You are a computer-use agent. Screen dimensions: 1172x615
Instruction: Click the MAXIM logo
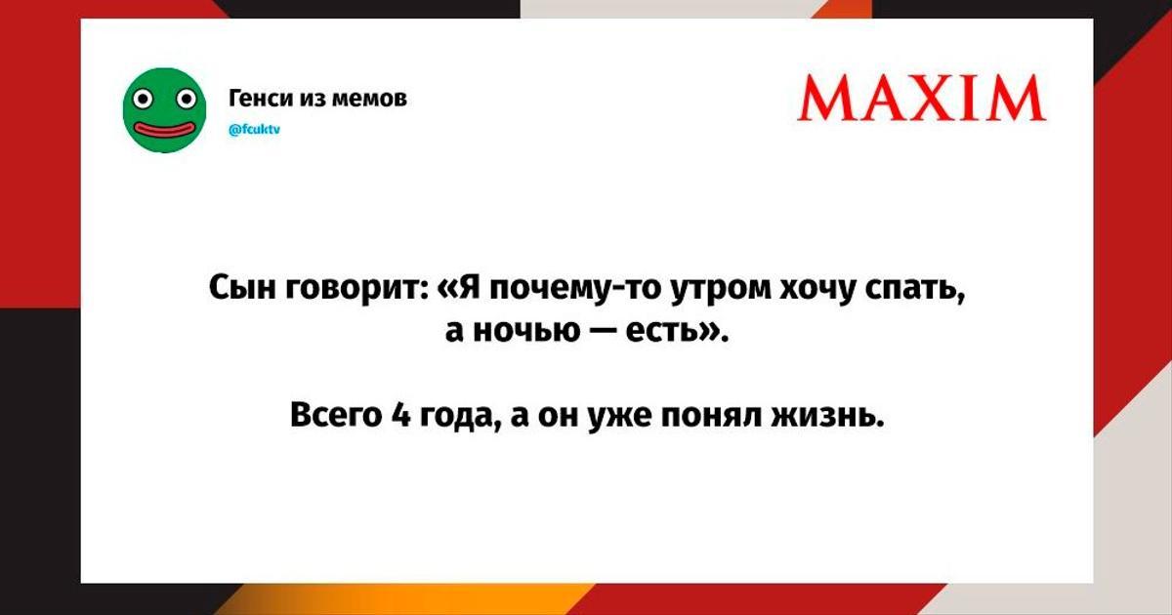pos(921,98)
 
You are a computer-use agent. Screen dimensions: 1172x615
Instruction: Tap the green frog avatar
pos(164,110)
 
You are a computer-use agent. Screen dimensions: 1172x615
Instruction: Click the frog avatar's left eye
pos(142,99)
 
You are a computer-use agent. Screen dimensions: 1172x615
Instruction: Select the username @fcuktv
pos(254,129)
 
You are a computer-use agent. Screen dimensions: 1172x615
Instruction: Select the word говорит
pos(357,289)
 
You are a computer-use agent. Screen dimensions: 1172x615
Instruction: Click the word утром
pos(721,290)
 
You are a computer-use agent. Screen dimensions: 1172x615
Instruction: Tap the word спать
pos(914,289)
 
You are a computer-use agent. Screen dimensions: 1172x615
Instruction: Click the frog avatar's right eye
pos(187,99)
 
